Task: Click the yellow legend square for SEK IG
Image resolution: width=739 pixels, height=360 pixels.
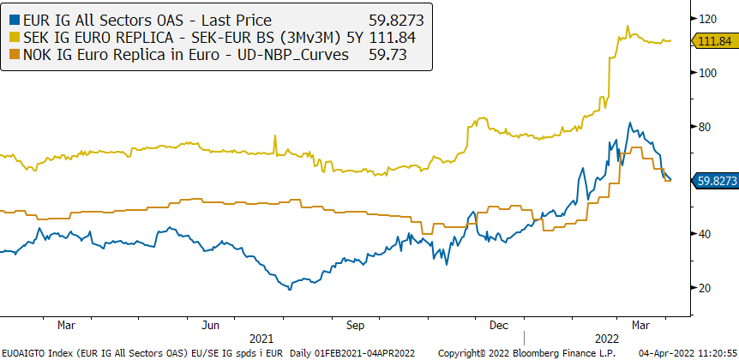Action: coord(10,36)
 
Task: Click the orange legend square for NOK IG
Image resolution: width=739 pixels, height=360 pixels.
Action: coord(10,55)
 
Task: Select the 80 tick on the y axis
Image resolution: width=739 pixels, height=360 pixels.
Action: coord(706,127)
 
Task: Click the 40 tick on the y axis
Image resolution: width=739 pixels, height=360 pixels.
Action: coord(706,234)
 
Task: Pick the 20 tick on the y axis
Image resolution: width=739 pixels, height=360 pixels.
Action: coord(706,288)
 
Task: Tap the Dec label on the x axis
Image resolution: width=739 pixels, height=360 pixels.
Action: coord(500,326)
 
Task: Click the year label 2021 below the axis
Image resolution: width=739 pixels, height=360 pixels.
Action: coord(261,339)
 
